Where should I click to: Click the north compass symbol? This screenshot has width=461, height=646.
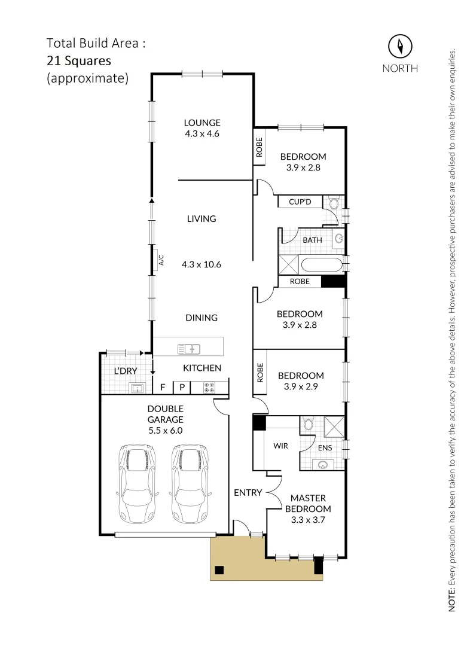point(400,46)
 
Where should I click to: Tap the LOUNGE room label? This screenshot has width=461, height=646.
point(202,123)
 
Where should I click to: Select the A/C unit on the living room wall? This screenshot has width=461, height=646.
point(161,260)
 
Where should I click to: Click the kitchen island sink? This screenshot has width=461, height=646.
point(188,348)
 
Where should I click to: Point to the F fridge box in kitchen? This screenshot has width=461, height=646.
point(163,388)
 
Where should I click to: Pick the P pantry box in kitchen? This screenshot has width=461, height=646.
point(182,388)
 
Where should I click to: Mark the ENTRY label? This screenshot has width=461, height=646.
point(248,493)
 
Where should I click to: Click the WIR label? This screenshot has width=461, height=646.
point(281,446)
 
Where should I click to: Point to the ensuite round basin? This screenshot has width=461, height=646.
point(323,464)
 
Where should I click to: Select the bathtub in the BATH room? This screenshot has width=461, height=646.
point(320,264)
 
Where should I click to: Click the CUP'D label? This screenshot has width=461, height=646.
point(300,202)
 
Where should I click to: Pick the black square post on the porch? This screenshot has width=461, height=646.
point(219,569)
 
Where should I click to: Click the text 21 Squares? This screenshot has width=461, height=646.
point(79,60)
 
